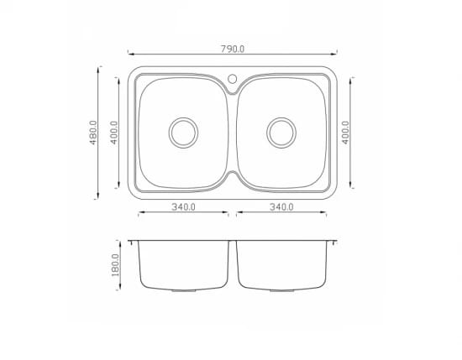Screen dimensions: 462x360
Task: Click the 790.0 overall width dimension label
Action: (233, 49)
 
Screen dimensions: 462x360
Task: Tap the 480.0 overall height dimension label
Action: (93, 133)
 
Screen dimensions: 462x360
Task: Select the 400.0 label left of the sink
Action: (113, 133)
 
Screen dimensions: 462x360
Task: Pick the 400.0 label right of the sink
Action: (345, 133)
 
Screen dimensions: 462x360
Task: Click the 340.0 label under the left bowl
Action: (184, 207)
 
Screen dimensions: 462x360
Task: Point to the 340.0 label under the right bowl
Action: (281, 207)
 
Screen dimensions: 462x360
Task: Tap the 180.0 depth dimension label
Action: (115, 265)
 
